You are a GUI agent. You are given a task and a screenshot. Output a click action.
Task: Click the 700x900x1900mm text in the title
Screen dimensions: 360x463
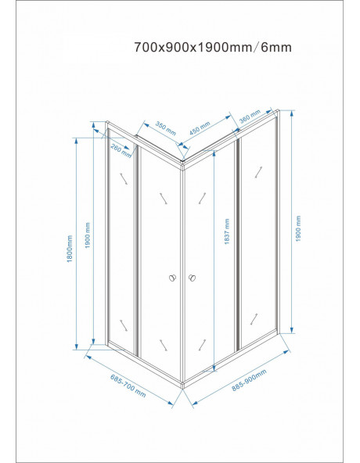[193, 47]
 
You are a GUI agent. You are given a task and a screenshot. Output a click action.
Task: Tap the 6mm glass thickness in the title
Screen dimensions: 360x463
[276, 47]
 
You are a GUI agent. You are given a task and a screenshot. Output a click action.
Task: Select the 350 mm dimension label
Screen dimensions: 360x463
[165, 128]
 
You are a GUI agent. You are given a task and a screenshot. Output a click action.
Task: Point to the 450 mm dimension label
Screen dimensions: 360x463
[200, 128]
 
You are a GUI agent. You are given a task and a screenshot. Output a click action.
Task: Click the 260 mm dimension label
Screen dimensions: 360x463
[121, 150]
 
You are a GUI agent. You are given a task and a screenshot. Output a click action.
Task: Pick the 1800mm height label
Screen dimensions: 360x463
[70, 249]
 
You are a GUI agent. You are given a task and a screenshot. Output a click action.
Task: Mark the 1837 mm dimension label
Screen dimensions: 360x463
[227, 231]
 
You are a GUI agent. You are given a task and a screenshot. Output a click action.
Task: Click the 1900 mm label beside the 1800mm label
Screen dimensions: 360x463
[88, 235]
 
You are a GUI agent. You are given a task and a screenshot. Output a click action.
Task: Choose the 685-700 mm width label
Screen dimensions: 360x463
[128, 386]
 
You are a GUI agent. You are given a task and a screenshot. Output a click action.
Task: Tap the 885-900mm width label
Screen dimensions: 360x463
[249, 380]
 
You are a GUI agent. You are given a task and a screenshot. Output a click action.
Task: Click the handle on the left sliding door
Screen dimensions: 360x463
[172, 278]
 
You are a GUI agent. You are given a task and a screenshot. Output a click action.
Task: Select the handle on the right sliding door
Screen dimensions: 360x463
[193, 278]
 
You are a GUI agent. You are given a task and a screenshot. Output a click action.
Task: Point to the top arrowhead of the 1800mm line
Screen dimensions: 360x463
[76, 141]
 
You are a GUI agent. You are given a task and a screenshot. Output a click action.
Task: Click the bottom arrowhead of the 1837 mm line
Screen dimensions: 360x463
[214, 368]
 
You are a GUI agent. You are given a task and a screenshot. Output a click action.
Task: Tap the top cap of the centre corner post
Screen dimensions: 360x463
[182, 163]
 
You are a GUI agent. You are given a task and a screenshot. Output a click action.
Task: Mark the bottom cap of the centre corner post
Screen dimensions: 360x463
[182, 385]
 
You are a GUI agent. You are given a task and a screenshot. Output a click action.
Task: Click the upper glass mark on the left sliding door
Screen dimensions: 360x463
[164, 199]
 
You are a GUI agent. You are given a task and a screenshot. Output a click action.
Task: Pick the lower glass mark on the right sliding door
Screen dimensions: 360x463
[202, 345]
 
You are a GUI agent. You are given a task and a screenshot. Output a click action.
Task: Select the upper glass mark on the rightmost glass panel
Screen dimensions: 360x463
[258, 172]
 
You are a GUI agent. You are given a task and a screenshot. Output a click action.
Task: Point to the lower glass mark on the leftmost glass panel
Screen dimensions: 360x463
[124, 325]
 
